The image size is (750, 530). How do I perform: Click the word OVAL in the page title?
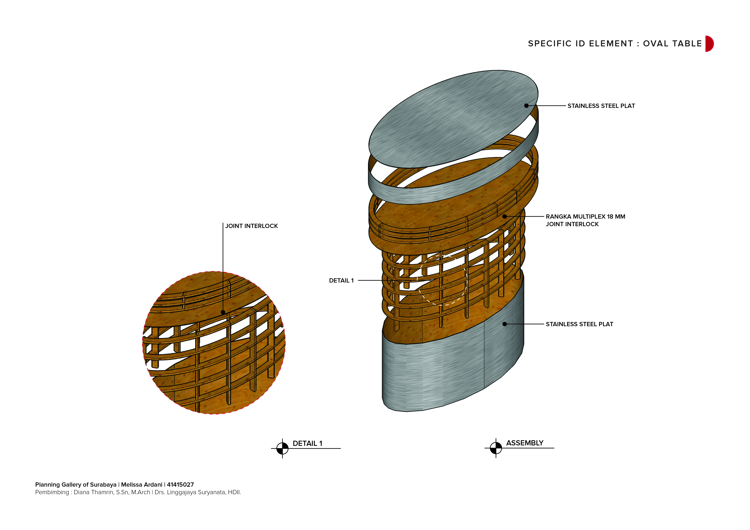pyautogui.click(x=657, y=44)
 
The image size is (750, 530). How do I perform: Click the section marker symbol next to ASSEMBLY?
pyautogui.click(x=496, y=448)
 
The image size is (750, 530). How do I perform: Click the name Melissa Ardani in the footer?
pyautogui.click(x=142, y=485)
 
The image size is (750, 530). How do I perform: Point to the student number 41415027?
pyautogui.click(x=180, y=485)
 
